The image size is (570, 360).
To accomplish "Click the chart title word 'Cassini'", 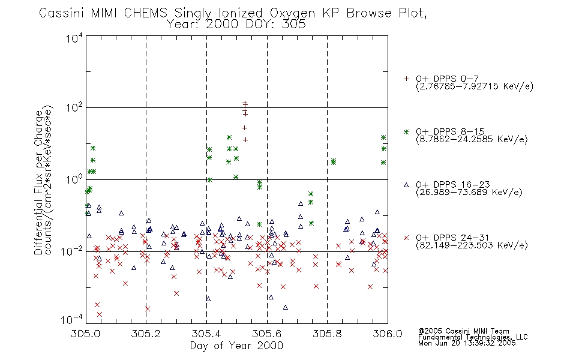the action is (62, 13).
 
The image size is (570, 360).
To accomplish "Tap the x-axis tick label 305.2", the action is (146, 334).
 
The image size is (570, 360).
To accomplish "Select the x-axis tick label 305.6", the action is (267, 334).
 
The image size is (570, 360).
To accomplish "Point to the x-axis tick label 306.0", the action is (388, 334).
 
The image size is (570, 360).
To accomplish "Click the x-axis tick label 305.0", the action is (86, 334).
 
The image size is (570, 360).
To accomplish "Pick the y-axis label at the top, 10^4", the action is (74, 38).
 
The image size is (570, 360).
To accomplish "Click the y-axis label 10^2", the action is (74, 108).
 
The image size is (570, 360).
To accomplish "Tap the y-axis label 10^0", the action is (74, 179).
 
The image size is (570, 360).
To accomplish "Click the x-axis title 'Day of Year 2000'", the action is (236, 346).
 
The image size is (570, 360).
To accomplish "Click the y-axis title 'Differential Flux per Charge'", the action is (38, 182).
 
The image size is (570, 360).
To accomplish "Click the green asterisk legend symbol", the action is (406, 131).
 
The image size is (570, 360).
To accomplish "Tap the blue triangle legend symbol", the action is (406, 185).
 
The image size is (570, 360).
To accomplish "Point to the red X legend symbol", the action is (406, 238).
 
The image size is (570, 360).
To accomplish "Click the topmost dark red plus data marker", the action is (245, 104).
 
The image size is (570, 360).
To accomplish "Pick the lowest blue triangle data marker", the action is (286, 307).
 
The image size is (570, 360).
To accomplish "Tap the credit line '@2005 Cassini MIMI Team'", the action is (464, 331).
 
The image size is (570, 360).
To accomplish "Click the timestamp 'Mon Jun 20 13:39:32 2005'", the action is (467, 343).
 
